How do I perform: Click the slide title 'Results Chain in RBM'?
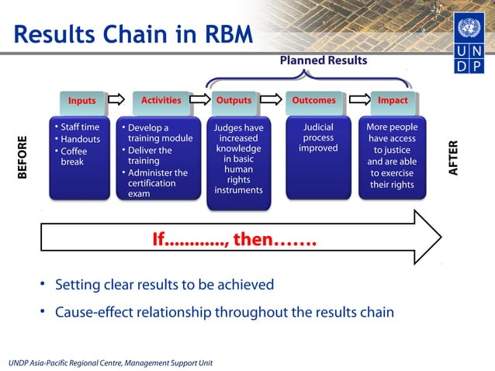click(x=133, y=34)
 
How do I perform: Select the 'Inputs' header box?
click(x=81, y=101)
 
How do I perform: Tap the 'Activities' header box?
click(x=161, y=100)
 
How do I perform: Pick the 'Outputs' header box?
click(x=233, y=100)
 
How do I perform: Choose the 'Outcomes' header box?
click(x=313, y=100)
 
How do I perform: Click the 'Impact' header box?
click(x=392, y=100)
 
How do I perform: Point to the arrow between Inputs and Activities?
click(x=116, y=100)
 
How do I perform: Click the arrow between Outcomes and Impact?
click(x=358, y=100)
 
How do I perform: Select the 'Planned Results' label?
click(x=323, y=61)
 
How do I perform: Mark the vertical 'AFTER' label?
click(x=454, y=158)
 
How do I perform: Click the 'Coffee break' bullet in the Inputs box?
click(x=75, y=157)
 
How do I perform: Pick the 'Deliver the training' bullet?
click(x=152, y=156)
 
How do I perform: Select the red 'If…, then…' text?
click(x=234, y=239)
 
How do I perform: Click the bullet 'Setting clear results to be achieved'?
click(x=164, y=284)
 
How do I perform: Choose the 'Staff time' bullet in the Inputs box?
click(x=79, y=127)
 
